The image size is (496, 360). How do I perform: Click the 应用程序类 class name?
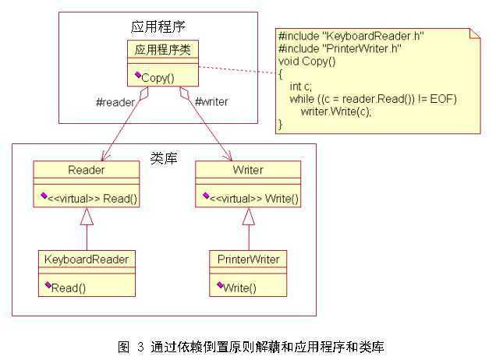[162, 50]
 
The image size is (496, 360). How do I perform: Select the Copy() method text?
[158, 78]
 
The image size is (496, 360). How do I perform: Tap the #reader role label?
[115, 101]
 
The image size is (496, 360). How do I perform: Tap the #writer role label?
[211, 101]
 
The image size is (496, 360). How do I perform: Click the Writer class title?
[248, 169]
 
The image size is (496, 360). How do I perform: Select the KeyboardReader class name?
[87, 259]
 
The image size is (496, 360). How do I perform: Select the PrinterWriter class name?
[249, 259]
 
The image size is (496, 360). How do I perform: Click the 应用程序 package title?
[159, 26]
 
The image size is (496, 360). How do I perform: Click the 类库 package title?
[163, 157]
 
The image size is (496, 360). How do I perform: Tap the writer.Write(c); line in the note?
[335, 111]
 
